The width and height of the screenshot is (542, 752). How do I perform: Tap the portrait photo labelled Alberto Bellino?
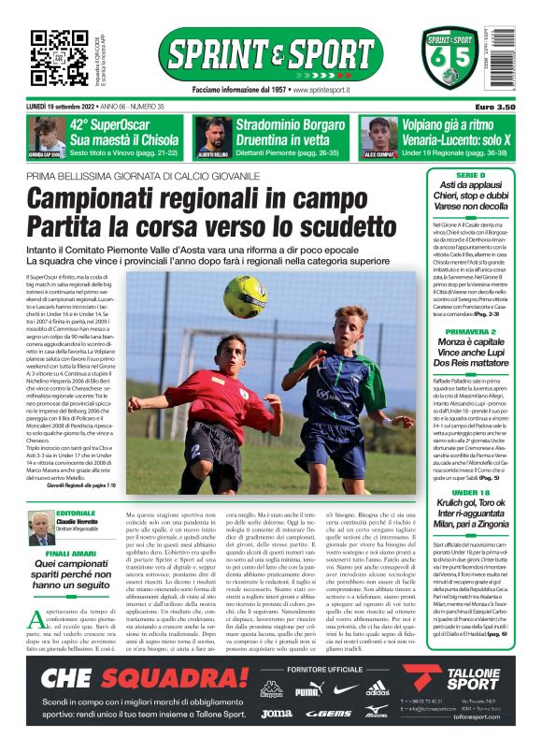pos(214,136)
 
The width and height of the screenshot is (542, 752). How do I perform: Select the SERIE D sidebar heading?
pos(470,176)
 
